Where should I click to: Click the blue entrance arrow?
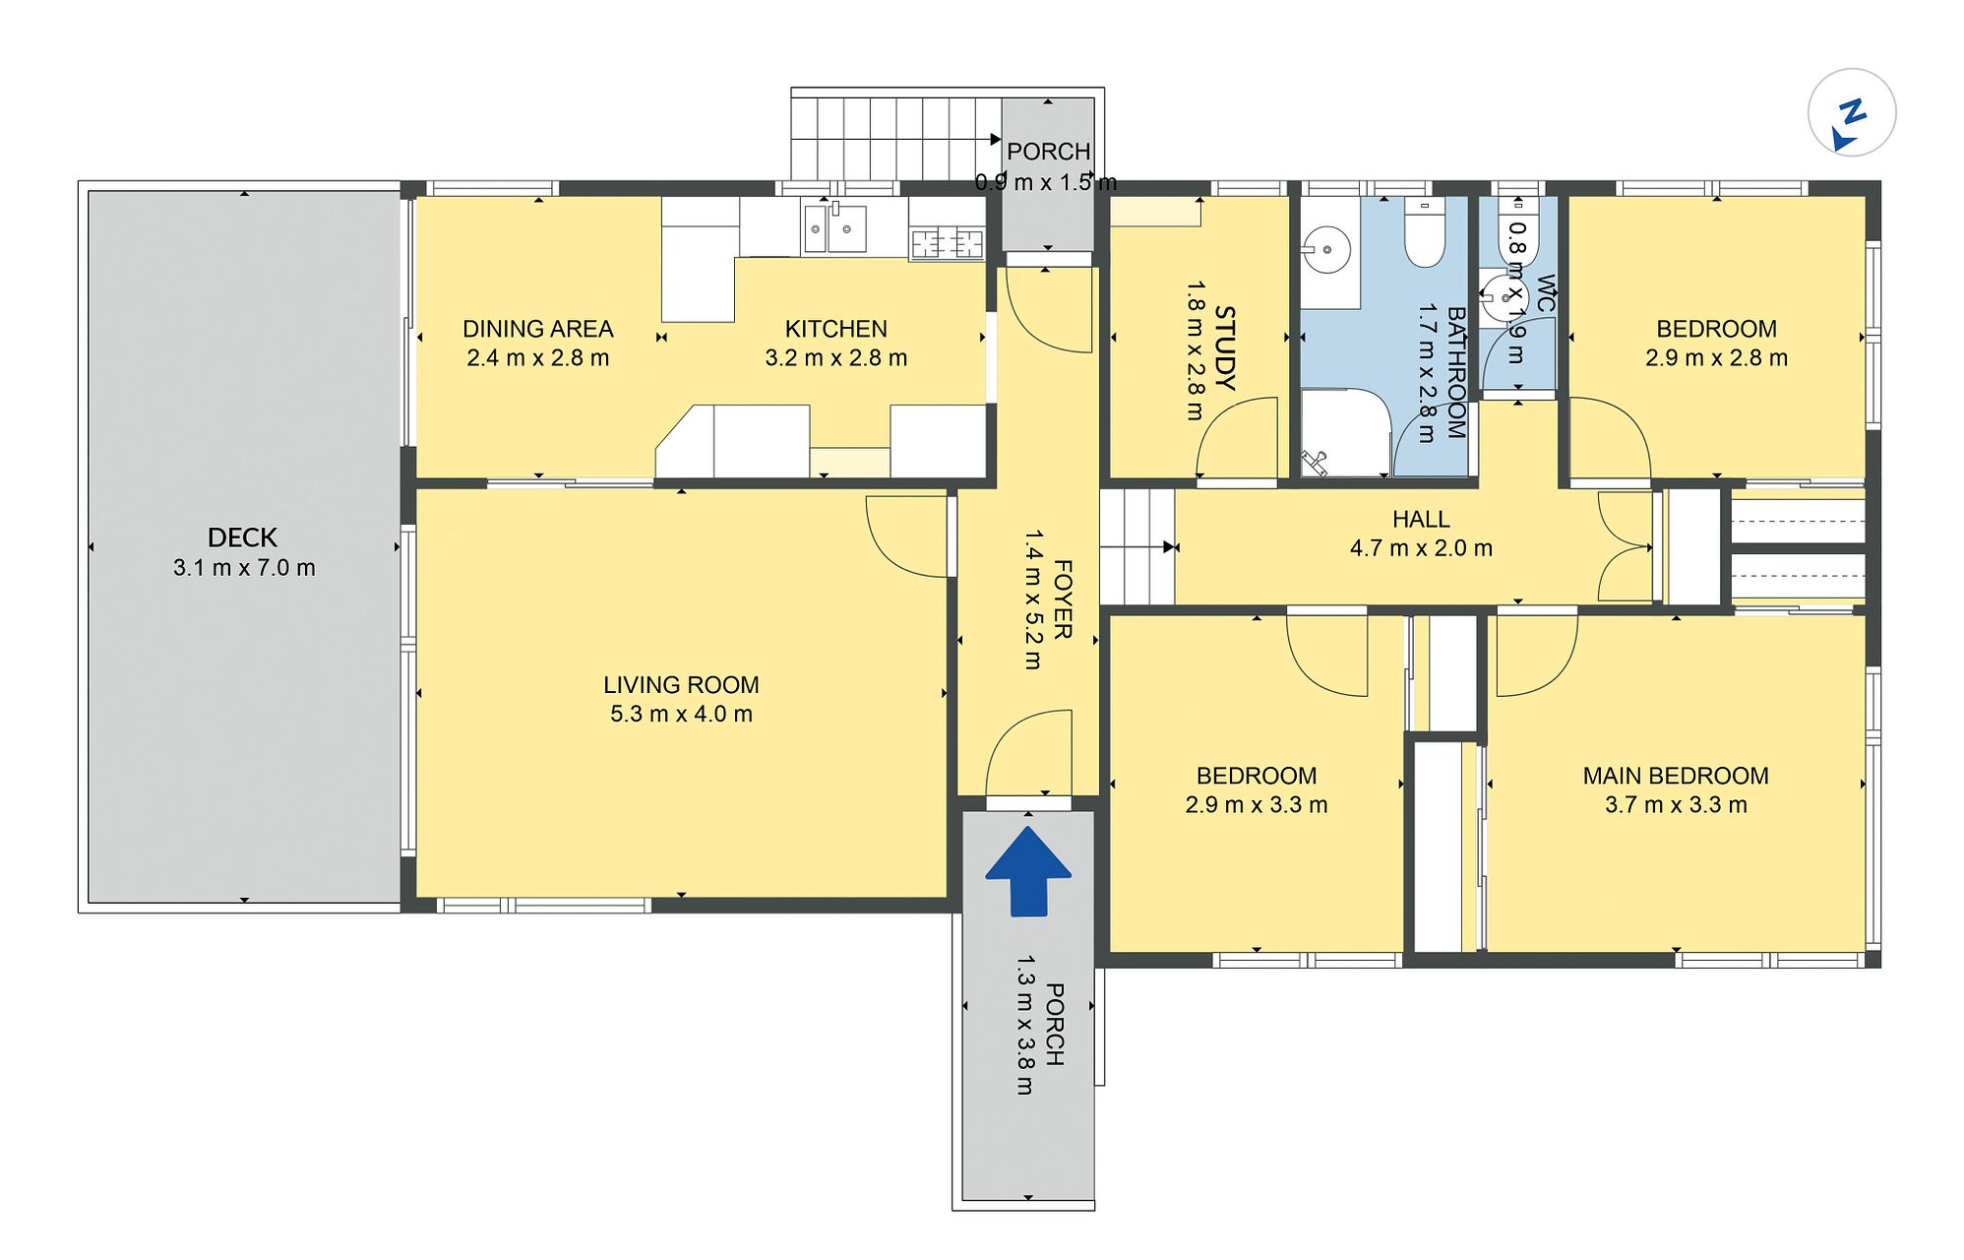[1027, 872]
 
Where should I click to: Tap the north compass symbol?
[1851, 113]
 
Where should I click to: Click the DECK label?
[242, 537]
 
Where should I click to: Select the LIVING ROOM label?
[681, 685]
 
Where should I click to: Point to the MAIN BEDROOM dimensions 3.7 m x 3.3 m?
[1676, 805]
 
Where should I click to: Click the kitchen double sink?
[833, 228]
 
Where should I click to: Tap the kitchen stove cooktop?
[947, 243]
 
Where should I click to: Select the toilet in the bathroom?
[1424, 231]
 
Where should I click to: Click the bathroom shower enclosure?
[1345, 433]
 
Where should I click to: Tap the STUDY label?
[1224, 347]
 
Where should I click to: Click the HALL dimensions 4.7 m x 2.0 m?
[1421, 548]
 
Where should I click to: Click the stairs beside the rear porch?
[896, 134]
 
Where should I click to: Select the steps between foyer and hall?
[1136, 546]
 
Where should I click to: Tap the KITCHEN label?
[835, 329]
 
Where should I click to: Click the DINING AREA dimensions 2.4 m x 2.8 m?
[537, 358]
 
